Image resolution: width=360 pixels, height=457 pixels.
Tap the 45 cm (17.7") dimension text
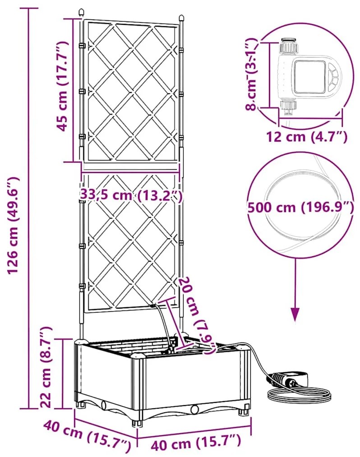(62, 86)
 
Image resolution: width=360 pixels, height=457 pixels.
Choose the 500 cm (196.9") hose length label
(300, 207)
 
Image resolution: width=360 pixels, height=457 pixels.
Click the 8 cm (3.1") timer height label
(252, 74)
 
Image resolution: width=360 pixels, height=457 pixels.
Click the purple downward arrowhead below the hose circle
(296, 313)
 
